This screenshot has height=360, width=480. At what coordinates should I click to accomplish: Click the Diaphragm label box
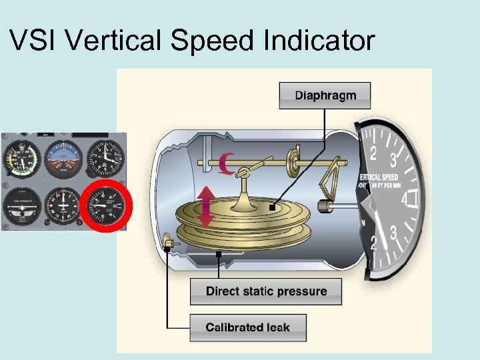coord(325,95)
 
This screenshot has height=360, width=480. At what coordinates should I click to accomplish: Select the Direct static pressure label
coord(266,291)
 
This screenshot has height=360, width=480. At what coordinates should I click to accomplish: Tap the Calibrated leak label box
coord(247,327)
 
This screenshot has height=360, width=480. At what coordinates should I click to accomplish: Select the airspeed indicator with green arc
coord(21,160)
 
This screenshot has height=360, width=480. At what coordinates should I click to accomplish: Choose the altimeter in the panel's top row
coord(105,159)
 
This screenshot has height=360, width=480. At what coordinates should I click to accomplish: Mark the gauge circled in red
coord(106,205)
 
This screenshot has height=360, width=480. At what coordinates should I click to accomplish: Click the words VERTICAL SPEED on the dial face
coord(381,177)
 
